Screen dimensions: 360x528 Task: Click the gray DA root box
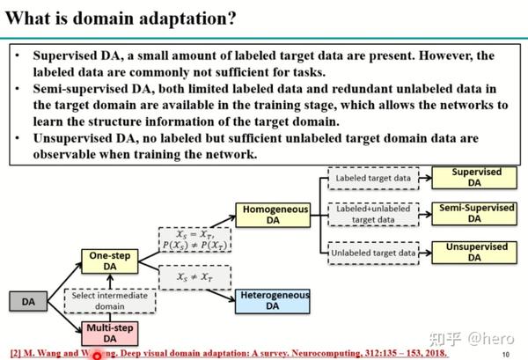click(x=28, y=302)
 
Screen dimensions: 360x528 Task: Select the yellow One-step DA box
click(x=110, y=261)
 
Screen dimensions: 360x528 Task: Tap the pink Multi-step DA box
click(x=109, y=333)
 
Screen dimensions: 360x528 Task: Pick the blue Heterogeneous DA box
click(x=272, y=300)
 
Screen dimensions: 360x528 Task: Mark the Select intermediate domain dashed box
click(x=110, y=300)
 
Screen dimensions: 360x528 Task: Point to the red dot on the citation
click(x=98, y=355)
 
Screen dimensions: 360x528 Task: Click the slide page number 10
click(x=505, y=355)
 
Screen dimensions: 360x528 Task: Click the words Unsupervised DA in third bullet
click(x=78, y=138)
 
